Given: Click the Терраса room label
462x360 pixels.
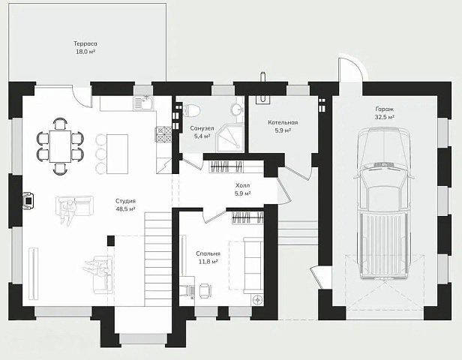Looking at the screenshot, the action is [85, 43].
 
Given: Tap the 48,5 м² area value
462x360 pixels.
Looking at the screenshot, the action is [125, 209].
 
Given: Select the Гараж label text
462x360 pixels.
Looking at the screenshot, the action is [385, 109].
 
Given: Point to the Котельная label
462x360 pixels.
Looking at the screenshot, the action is [283, 122].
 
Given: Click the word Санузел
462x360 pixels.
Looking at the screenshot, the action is [202, 128].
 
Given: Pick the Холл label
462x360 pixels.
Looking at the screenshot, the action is [242, 185].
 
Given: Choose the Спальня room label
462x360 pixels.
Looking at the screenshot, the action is [208, 253].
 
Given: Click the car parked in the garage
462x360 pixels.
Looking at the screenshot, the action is [384, 203].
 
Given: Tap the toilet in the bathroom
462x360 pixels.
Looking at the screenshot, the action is [191, 110].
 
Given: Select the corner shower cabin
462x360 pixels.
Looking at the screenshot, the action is [230, 139].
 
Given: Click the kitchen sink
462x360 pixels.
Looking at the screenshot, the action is [143, 103].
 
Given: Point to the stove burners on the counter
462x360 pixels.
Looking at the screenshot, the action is [163, 134].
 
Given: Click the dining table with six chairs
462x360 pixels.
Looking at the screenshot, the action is [61, 146].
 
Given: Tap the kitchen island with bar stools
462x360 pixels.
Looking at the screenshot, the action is [112, 154].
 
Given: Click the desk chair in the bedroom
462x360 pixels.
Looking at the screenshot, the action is [205, 290].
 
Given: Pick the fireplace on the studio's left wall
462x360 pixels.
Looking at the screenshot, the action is [28, 200].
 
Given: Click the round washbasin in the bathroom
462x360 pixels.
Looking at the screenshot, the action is [236, 109].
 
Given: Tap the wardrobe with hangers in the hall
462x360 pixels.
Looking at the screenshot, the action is [226, 167].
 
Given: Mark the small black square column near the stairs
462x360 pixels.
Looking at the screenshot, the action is [111, 241].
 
